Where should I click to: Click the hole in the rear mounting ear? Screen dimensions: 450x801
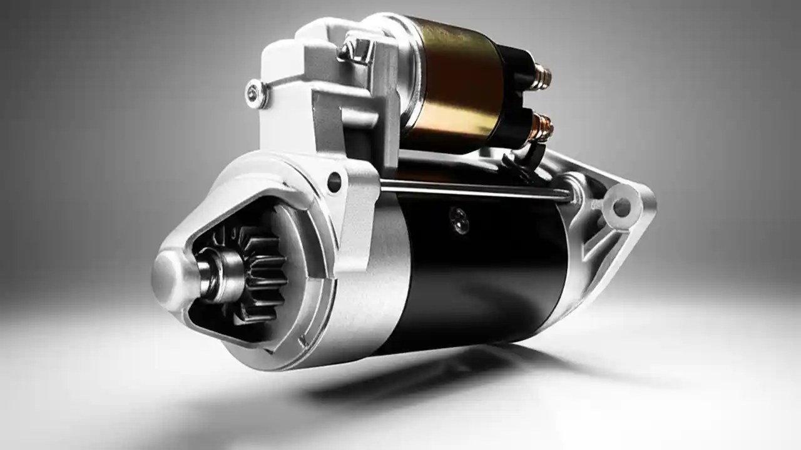pos(621,206)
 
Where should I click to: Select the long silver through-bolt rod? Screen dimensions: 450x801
pos(476,187)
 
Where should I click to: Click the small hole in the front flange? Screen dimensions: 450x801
pos(334,182)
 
